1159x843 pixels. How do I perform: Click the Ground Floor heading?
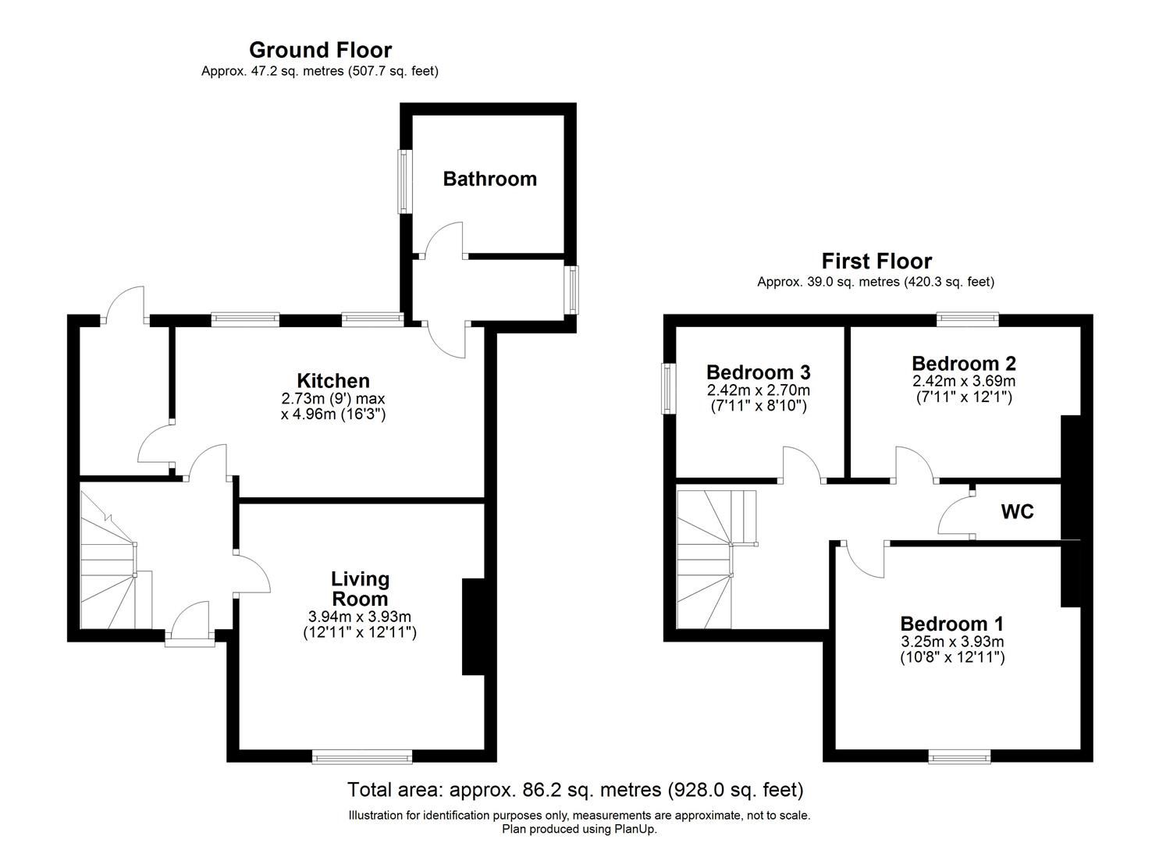tap(320, 50)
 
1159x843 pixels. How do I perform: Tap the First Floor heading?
tap(876, 261)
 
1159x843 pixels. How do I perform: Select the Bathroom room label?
tap(489, 179)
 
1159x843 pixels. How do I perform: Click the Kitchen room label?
tap(333, 381)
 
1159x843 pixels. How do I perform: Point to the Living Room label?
tap(360, 589)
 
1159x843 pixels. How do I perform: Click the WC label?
tap(1017, 512)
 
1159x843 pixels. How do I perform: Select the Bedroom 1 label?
tap(951, 624)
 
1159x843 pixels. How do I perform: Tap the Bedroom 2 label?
tap(964, 363)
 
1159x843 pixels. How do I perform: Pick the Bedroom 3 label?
tap(758, 372)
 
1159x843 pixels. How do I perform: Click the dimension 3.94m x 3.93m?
tap(360, 617)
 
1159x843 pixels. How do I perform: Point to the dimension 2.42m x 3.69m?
tap(964, 381)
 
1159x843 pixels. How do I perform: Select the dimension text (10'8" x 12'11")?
tap(951, 657)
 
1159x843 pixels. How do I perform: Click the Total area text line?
tap(575, 790)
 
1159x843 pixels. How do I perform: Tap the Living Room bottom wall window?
tap(361, 756)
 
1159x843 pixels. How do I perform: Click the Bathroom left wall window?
tap(404, 181)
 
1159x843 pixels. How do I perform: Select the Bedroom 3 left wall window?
tap(668, 389)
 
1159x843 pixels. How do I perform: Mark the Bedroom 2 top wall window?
tap(967, 318)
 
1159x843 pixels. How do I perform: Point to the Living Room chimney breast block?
tap(473, 626)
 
